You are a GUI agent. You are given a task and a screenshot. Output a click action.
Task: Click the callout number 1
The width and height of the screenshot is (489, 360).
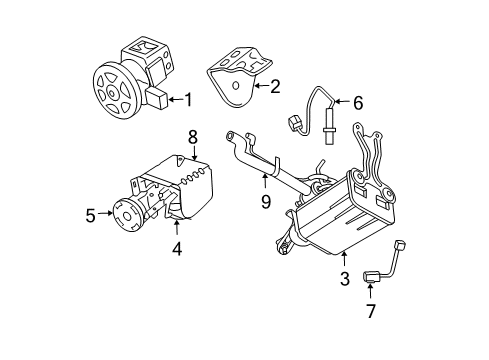(185, 98)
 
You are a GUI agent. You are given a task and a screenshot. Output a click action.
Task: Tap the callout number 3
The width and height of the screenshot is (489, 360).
(343, 279)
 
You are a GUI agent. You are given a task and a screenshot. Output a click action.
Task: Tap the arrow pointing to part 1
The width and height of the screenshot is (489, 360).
(172, 98)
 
